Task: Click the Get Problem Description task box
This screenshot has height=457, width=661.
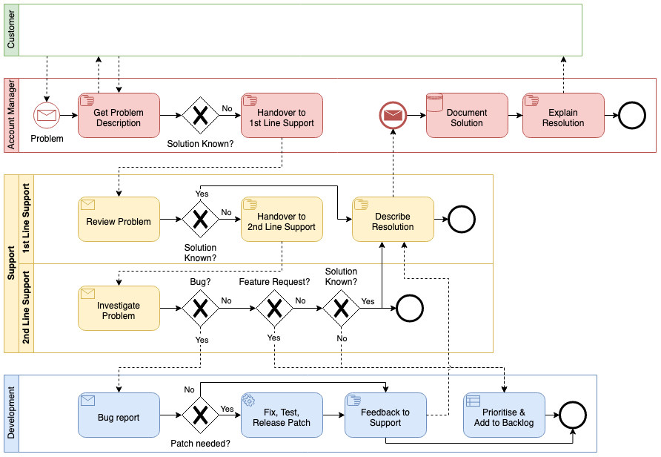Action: (x=119, y=115)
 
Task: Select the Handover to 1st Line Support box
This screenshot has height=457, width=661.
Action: (x=282, y=115)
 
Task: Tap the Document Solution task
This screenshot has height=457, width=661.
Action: (x=467, y=115)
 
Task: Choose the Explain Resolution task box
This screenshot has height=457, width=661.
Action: (x=563, y=115)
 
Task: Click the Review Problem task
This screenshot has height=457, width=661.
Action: (x=119, y=219)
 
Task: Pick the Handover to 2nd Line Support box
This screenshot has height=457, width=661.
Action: (x=282, y=219)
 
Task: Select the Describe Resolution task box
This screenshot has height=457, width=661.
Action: (x=393, y=219)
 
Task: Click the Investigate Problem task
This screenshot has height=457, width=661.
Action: (x=119, y=308)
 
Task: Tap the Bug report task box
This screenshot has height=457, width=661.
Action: (x=119, y=415)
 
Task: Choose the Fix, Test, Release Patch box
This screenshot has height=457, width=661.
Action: (x=282, y=415)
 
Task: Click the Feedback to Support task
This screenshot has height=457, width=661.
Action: (x=385, y=415)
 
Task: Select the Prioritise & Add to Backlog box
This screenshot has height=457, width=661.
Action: (x=504, y=415)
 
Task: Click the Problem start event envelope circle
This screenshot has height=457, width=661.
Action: (x=47, y=115)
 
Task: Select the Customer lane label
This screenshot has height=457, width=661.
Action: (x=10, y=30)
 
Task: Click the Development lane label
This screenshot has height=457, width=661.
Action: (x=10, y=413)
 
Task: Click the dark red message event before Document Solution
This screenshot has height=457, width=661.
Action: (x=393, y=115)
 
